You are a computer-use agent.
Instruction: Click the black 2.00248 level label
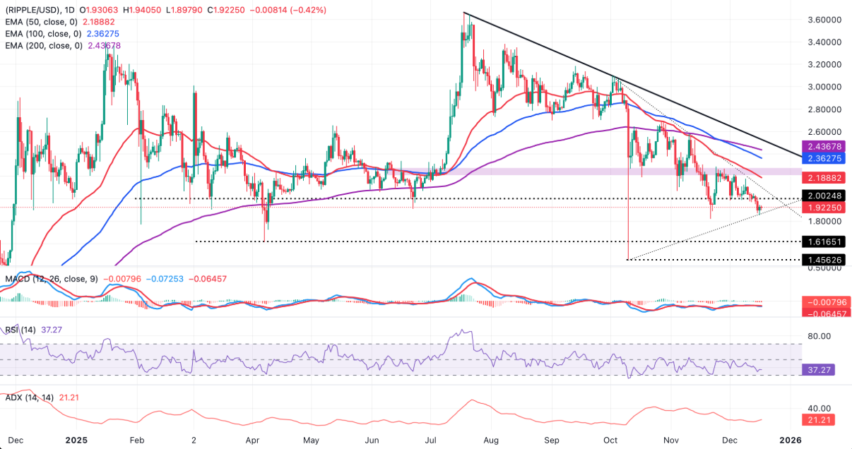pyautogui.click(x=822, y=196)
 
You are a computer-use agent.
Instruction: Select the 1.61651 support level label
pyautogui.click(x=822, y=241)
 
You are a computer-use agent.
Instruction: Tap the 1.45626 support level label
pyautogui.click(x=822, y=260)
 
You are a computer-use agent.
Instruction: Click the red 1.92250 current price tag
pyautogui.click(x=822, y=208)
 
